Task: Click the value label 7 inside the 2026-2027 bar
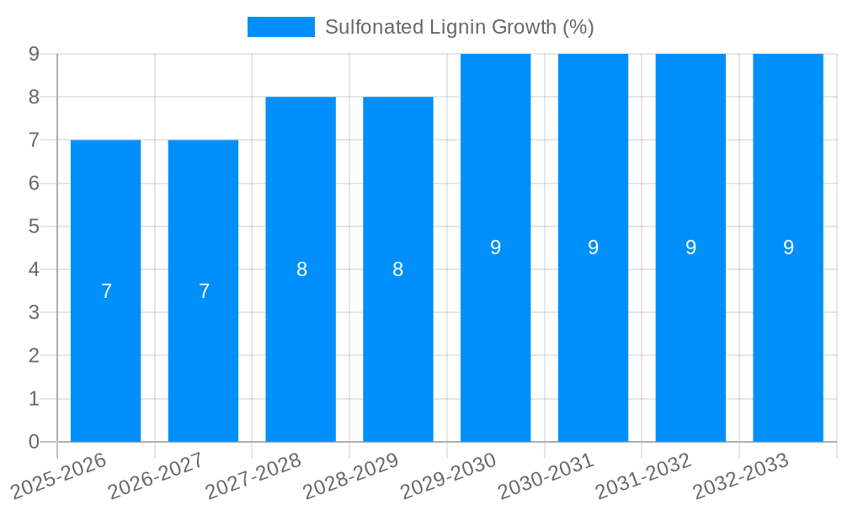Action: (x=204, y=291)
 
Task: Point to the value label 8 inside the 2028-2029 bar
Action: (x=398, y=269)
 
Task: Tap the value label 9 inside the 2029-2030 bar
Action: (x=496, y=247)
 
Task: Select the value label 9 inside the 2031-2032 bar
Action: (x=690, y=247)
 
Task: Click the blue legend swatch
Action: (x=280, y=27)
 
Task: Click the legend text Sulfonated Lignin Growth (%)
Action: (x=459, y=27)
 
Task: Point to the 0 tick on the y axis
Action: (x=34, y=441)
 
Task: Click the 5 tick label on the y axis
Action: (x=34, y=226)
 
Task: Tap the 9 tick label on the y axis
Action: (x=34, y=54)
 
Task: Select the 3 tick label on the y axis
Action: (x=34, y=312)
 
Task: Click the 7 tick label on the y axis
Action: (x=34, y=140)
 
